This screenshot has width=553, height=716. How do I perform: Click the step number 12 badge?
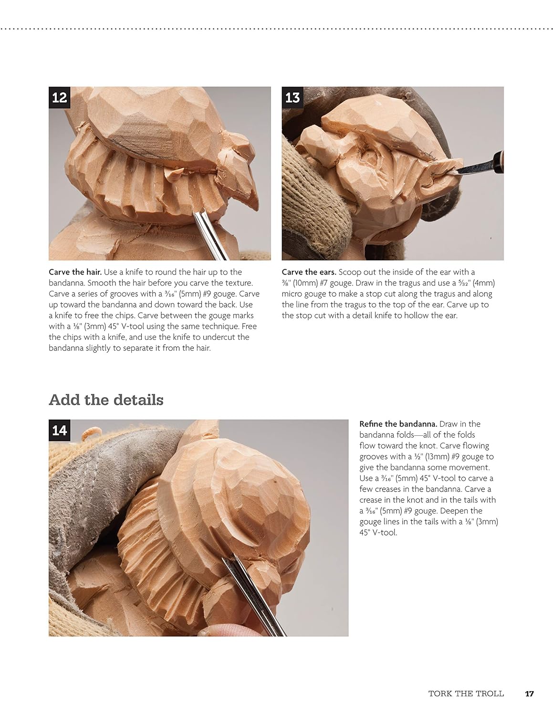[x=59, y=97]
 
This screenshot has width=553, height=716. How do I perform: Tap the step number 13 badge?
[x=292, y=97]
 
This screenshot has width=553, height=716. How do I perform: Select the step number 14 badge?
[x=59, y=431]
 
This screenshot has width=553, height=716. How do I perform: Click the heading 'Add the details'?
[x=106, y=400]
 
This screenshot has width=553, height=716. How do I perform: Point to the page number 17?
[x=529, y=693]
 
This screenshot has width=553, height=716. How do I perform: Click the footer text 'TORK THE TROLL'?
[x=466, y=693]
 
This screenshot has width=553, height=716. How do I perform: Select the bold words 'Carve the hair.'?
[x=75, y=272]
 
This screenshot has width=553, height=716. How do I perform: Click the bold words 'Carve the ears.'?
[x=309, y=272]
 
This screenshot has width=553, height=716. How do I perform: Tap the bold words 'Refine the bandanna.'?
[x=398, y=424]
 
